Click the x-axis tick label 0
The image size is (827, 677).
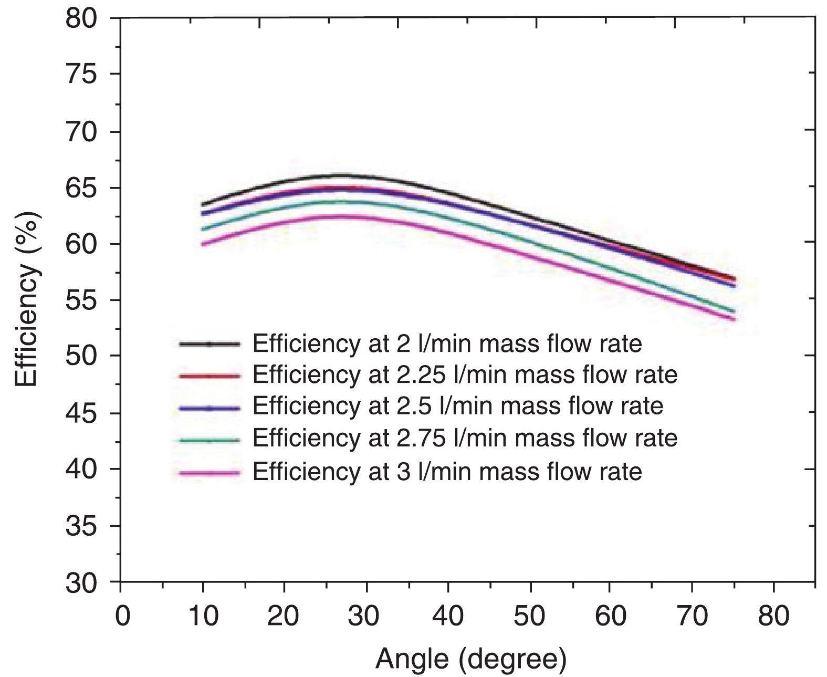121,615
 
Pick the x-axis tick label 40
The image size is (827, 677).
448,615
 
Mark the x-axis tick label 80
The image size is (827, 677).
774,615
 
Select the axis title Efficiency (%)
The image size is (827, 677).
26,300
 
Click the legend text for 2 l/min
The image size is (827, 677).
447,343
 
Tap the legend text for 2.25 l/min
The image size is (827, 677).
465,375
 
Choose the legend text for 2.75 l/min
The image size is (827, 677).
465,438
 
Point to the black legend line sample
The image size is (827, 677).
209,345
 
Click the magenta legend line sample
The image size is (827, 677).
209,474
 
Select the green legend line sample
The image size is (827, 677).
209,440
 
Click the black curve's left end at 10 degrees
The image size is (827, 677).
203,204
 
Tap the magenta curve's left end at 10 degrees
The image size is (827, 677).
203,244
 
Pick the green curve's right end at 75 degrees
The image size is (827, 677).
734,311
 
